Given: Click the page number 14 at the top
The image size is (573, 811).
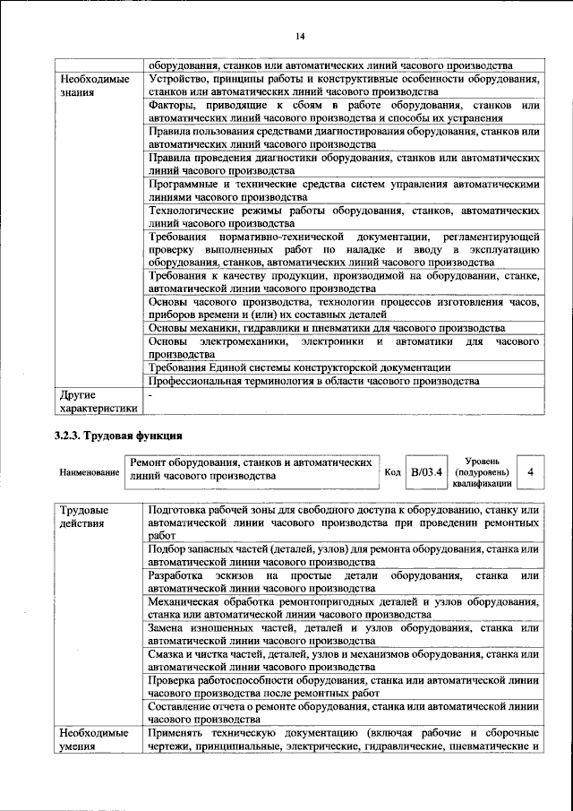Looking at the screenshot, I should (x=300, y=35).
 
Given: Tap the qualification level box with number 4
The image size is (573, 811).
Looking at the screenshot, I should (x=531, y=471).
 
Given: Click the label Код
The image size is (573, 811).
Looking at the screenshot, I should (x=392, y=472).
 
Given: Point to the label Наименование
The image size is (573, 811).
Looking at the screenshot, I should (x=90, y=472).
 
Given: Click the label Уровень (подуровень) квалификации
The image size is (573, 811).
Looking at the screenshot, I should (x=483, y=471).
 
